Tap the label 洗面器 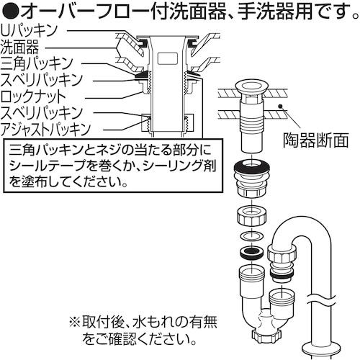point(24,47)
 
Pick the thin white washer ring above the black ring point(251,236)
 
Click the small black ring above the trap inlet point(251,252)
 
